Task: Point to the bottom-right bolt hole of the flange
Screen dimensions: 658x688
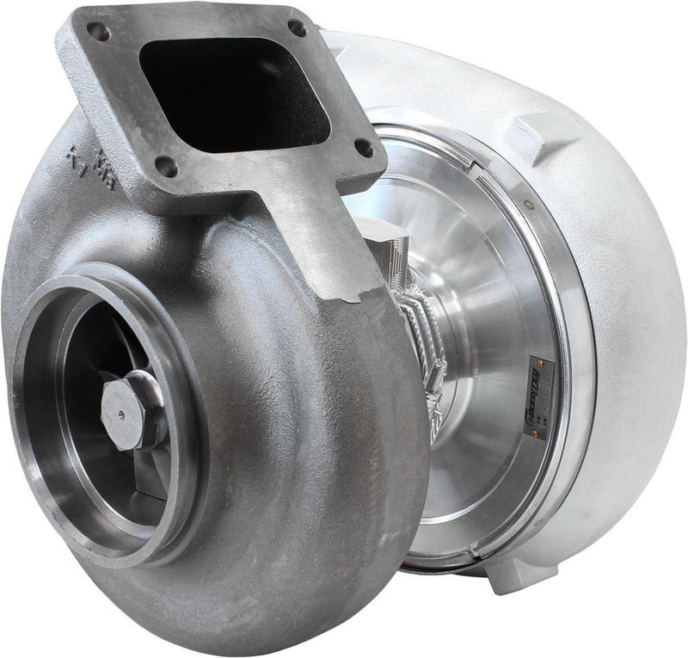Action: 364,147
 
